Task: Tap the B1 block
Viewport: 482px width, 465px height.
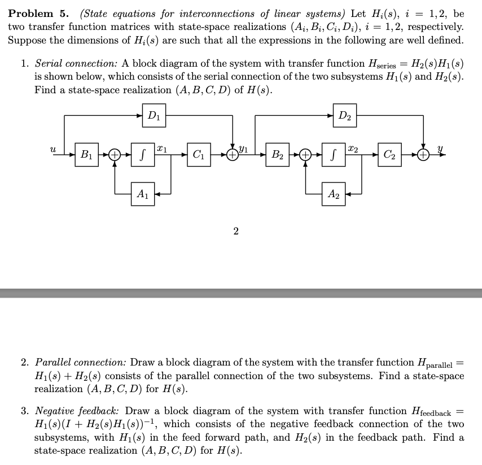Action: tap(87, 154)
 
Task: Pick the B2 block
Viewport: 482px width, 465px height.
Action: tap(278, 154)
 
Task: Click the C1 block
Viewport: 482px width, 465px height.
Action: tap(198, 154)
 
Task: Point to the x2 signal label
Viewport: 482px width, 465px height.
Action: tap(351, 147)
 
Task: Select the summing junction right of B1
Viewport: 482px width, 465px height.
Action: tap(115, 154)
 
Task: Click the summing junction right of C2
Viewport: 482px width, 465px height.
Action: tap(423, 154)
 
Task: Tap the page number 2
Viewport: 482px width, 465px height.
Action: tap(235, 231)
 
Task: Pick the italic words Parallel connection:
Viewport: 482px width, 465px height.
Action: tap(81, 362)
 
